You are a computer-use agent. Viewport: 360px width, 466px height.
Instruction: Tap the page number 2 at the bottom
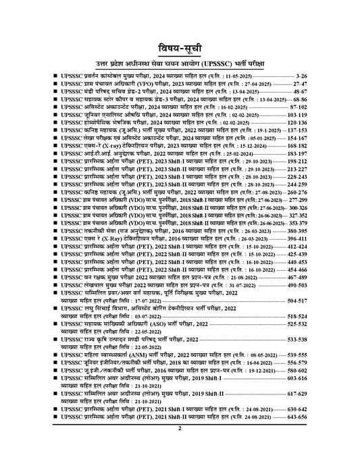(x=180, y=447)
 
